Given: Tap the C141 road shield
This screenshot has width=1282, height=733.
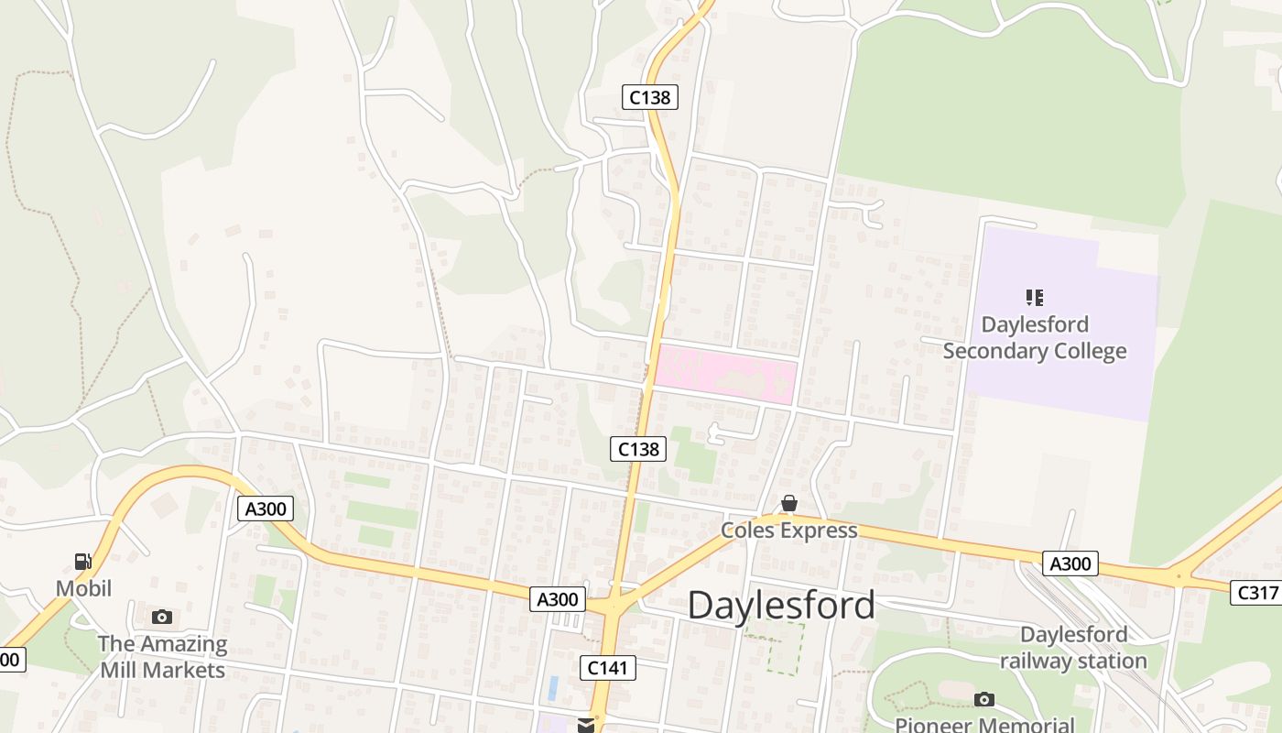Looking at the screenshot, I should [x=608, y=668].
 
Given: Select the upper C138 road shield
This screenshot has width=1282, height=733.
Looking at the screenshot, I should [x=650, y=96].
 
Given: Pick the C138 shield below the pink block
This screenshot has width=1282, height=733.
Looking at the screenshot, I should [x=638, y=449].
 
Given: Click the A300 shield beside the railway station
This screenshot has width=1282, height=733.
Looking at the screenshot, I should [x=1070, y=563].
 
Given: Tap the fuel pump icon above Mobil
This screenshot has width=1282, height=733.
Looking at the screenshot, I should [x=82, y=562].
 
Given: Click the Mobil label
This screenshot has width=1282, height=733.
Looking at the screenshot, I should [x=83, y=588].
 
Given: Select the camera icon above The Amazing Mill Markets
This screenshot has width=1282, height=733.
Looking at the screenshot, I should [x=162, y=617].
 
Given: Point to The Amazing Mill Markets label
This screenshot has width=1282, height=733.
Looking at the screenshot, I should [x=163, y=657].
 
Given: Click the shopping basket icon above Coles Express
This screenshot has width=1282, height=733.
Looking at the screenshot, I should [x=788, y=504].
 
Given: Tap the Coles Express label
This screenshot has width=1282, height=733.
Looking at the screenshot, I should [x=788, y=531].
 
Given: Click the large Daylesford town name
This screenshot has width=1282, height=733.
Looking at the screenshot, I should [x=780, y=606].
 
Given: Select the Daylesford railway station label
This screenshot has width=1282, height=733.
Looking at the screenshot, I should [x=1073, y=648].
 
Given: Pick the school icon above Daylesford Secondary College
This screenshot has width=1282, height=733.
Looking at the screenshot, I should [x=1035, y=297].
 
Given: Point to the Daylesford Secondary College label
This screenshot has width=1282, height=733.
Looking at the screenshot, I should [x=1035, y=338].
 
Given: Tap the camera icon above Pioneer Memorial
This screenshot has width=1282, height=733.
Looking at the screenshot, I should [x=984, y=700].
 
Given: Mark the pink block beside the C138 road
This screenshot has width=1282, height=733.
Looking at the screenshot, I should [x=724, y=374].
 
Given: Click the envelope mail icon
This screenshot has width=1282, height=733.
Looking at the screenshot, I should [x=586, y=726].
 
